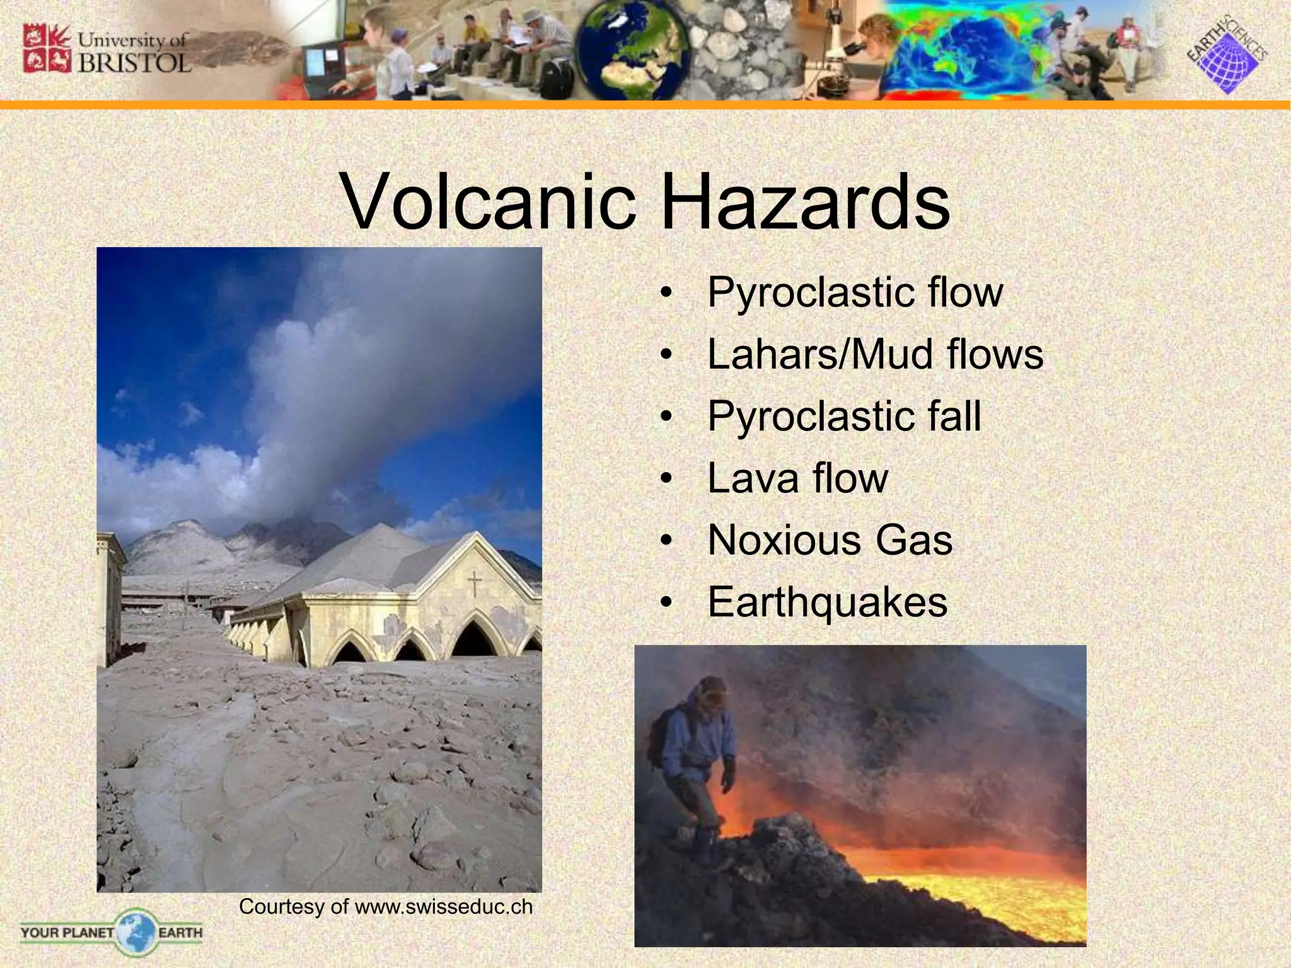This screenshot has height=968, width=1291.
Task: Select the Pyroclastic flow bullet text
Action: pos(854,292)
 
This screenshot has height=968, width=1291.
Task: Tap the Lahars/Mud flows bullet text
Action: pos(875,354)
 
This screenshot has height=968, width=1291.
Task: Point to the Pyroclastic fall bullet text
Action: pos(844,416)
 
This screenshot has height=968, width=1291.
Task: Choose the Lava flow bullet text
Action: pos(797,478)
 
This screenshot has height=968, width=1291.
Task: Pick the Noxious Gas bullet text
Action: pos(830,540)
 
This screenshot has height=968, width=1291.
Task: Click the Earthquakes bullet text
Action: pos(827,602)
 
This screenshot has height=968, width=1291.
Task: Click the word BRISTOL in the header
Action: pos(134,63)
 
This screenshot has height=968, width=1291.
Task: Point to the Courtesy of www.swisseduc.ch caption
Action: pos(386,907)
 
